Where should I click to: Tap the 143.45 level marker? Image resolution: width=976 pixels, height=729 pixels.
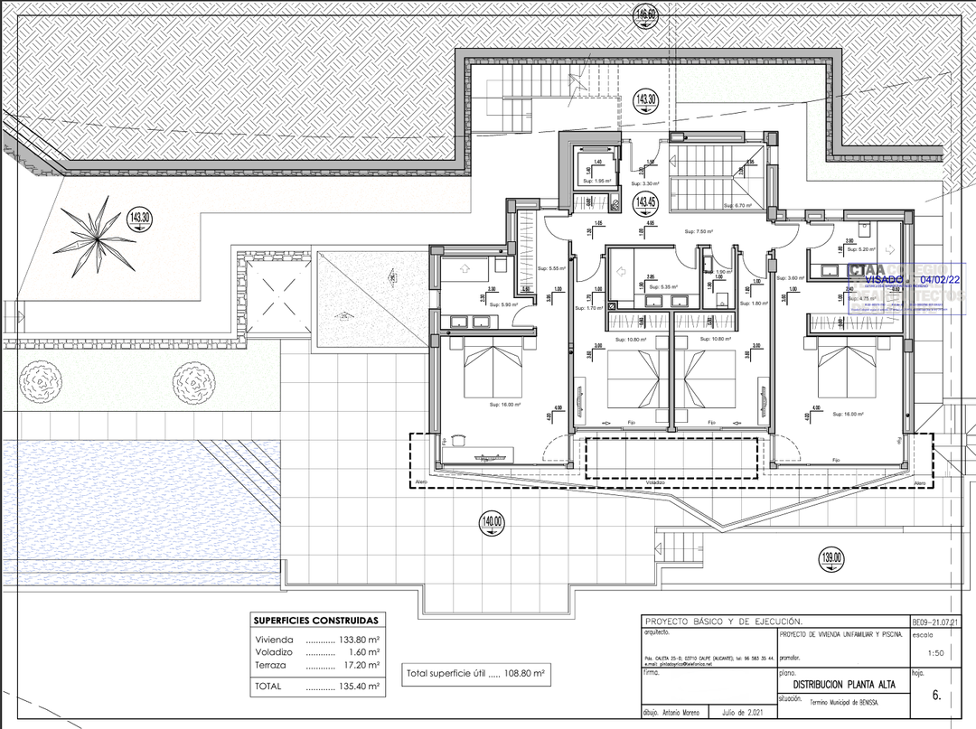pyautogui.click(x=645, y=201)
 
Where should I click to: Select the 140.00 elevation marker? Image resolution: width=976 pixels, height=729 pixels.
pyautogui.click(x=493, y=521)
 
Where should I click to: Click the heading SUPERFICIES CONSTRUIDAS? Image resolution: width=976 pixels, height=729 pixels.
pyautogui.click(x=316, y=621)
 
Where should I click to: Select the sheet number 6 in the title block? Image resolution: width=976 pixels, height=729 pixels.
pyautogui.click(x=936, y=696)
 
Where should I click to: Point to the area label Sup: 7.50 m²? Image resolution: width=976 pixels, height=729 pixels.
pyautogui.click(x=699, y=232)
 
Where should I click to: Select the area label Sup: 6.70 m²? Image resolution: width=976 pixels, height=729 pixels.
pyautogui.click(x=727, y=205)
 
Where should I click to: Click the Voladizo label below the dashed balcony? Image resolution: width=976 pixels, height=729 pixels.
pyautogui.click(x=655, y=482)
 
